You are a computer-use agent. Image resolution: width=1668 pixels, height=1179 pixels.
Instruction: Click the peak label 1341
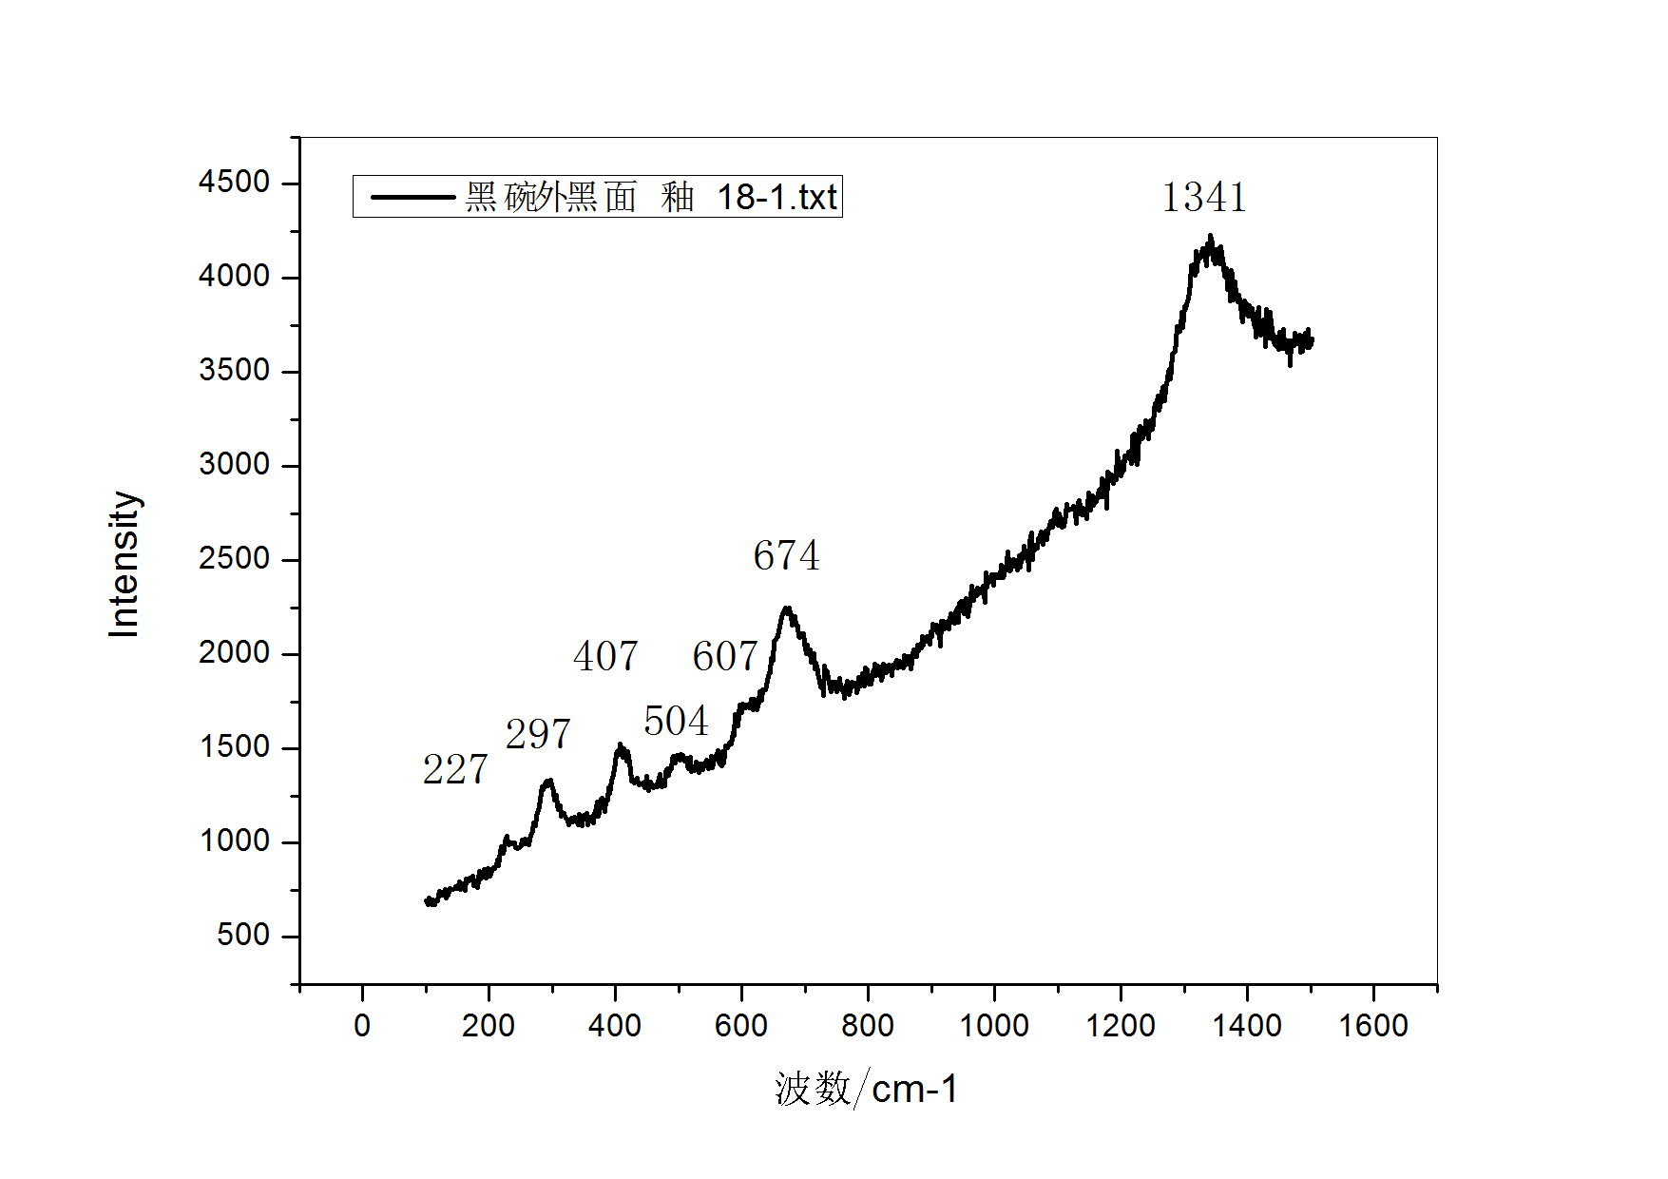1203,198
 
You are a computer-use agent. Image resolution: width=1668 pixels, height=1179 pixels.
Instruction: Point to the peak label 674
786,555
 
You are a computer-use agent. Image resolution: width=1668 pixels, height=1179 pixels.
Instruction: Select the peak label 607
724,656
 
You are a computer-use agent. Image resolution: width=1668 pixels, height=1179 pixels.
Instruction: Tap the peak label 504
676,722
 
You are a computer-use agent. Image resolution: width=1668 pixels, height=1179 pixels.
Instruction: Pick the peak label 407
605,656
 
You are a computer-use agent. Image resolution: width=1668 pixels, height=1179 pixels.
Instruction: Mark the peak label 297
538,734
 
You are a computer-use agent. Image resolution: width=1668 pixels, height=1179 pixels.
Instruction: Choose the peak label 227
455,769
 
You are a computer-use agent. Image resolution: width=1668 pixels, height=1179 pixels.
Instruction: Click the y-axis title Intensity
125,564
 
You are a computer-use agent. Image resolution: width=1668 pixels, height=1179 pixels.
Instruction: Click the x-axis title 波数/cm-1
866,1089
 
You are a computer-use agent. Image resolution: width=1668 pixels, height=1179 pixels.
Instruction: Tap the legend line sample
412,198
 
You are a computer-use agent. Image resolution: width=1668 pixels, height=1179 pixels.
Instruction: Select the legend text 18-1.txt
776,198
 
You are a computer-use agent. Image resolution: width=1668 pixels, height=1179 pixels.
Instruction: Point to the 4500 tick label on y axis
234,182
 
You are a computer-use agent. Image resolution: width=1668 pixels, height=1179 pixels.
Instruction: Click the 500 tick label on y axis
243,935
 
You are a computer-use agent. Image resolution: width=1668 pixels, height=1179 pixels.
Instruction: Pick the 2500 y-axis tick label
234,558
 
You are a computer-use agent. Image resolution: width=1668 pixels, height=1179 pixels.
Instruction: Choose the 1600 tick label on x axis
1372,1026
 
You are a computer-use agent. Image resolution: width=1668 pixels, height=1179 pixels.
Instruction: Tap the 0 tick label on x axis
362,1026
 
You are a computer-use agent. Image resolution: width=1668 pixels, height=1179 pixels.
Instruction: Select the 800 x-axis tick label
867,1026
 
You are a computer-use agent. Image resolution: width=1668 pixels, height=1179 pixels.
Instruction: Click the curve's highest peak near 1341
1210,238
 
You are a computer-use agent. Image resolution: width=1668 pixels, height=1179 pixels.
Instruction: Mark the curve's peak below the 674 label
787,609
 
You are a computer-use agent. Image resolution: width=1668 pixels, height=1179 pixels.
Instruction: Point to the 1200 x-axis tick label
1121,1026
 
